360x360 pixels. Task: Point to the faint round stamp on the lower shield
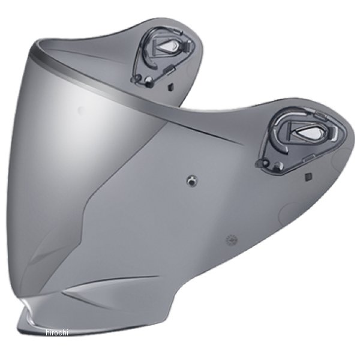point(229,240)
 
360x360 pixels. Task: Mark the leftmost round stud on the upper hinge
point(137,77)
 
